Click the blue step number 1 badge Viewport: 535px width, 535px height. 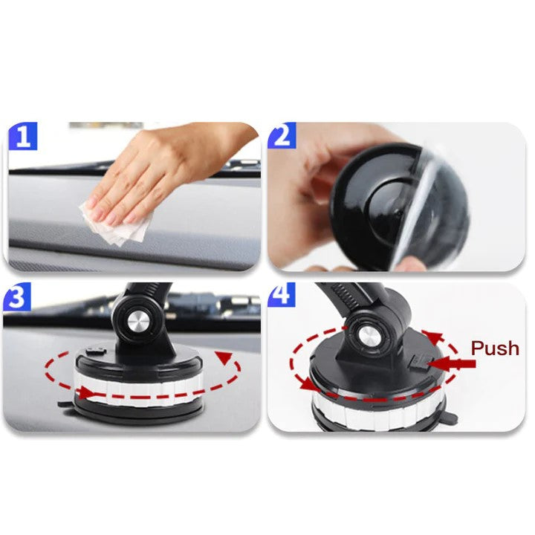22,136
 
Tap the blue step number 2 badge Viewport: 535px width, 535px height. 282,135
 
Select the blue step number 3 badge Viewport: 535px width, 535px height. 17,296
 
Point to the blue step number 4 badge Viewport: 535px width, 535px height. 282,294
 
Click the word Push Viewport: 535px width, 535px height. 495,348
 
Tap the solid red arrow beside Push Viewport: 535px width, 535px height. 451,363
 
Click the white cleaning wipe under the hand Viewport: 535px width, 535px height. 116,224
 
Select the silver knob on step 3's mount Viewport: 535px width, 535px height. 139,322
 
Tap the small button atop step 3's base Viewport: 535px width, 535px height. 96,351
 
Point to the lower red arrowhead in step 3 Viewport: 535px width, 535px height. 86,393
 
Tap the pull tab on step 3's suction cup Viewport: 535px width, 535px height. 65,405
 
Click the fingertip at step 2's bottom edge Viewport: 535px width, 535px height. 409,264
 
